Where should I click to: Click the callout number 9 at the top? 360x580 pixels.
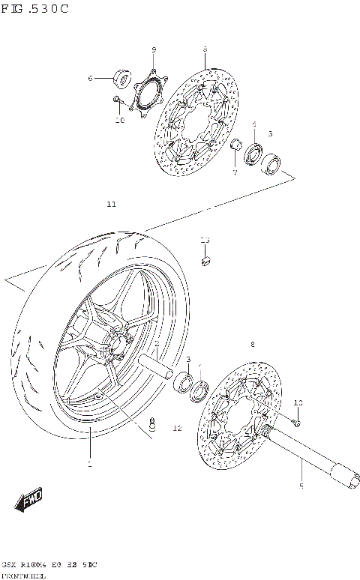[154, 50]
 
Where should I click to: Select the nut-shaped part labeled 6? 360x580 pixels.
[120, 77]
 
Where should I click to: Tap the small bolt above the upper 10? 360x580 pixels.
[115, 100]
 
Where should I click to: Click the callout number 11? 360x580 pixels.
[111, 204]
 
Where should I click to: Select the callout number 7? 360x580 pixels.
[234, 173]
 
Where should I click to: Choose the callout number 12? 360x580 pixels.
[177, 429]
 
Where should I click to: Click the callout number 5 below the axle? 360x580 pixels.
[301, 486]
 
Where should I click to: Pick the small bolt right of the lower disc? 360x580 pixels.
[296, 423]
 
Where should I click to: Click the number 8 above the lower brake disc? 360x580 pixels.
[253, 344]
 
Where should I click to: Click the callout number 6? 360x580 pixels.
[90, 78]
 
